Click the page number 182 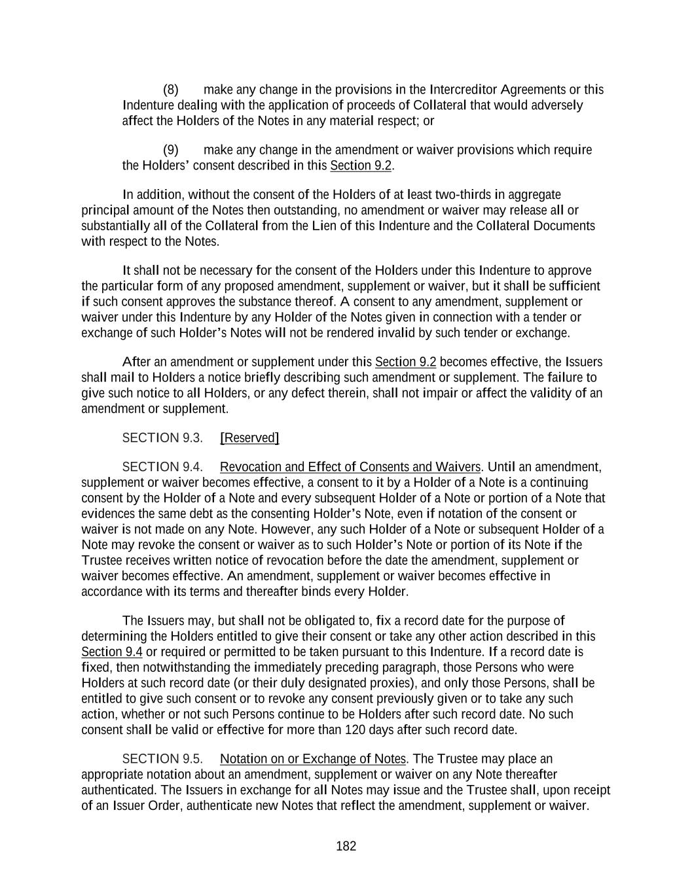click(346, 847)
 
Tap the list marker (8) click(170, 90)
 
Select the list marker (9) click(170, 150)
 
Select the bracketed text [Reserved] click(249, 438)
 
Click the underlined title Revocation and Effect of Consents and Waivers click(350, 467)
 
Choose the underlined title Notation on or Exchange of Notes click(313, 759)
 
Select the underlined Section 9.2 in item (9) click(361, 166)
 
